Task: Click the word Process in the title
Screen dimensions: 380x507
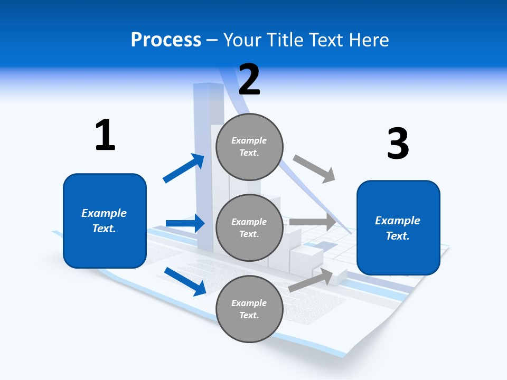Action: [x=166, y=40]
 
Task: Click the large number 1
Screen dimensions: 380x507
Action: [x=105, y=135]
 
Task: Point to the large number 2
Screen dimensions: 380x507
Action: [x=249, y=79]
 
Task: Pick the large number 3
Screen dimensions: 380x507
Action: [x=398, y=144]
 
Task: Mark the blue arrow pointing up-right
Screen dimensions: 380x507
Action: [x=184, y=168]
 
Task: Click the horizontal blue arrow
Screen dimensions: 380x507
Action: [x=185, y=223]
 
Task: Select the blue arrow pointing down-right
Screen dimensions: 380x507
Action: [x=185, y=281]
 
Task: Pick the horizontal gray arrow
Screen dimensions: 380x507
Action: [x=313, y=222]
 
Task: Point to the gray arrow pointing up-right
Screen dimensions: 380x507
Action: [x=311, y=280]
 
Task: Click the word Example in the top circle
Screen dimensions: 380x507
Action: [x=249, y=140]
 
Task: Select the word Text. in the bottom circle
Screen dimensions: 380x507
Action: [x=249, y=315]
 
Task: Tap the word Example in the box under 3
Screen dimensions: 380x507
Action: [x=398, y=221]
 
